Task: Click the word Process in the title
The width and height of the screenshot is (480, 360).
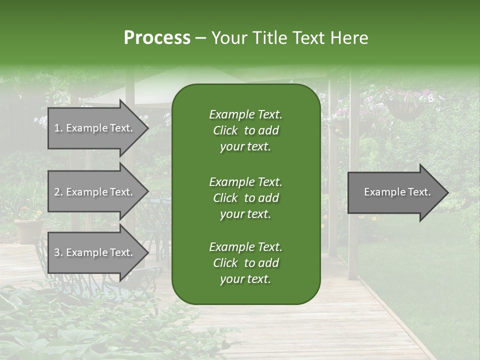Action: [157, 38]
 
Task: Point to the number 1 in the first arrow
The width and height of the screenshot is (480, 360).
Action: [56, 128]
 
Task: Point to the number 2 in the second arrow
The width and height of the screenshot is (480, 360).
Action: [57, 192]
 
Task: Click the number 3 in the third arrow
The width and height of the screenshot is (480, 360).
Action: [57, 252]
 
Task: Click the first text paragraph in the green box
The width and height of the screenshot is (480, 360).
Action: [245, 130]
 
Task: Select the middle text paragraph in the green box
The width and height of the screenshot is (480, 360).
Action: [245, 198]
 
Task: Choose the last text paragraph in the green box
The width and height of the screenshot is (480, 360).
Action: [245, 263]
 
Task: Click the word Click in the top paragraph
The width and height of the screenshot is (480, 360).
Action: [225, 130]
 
